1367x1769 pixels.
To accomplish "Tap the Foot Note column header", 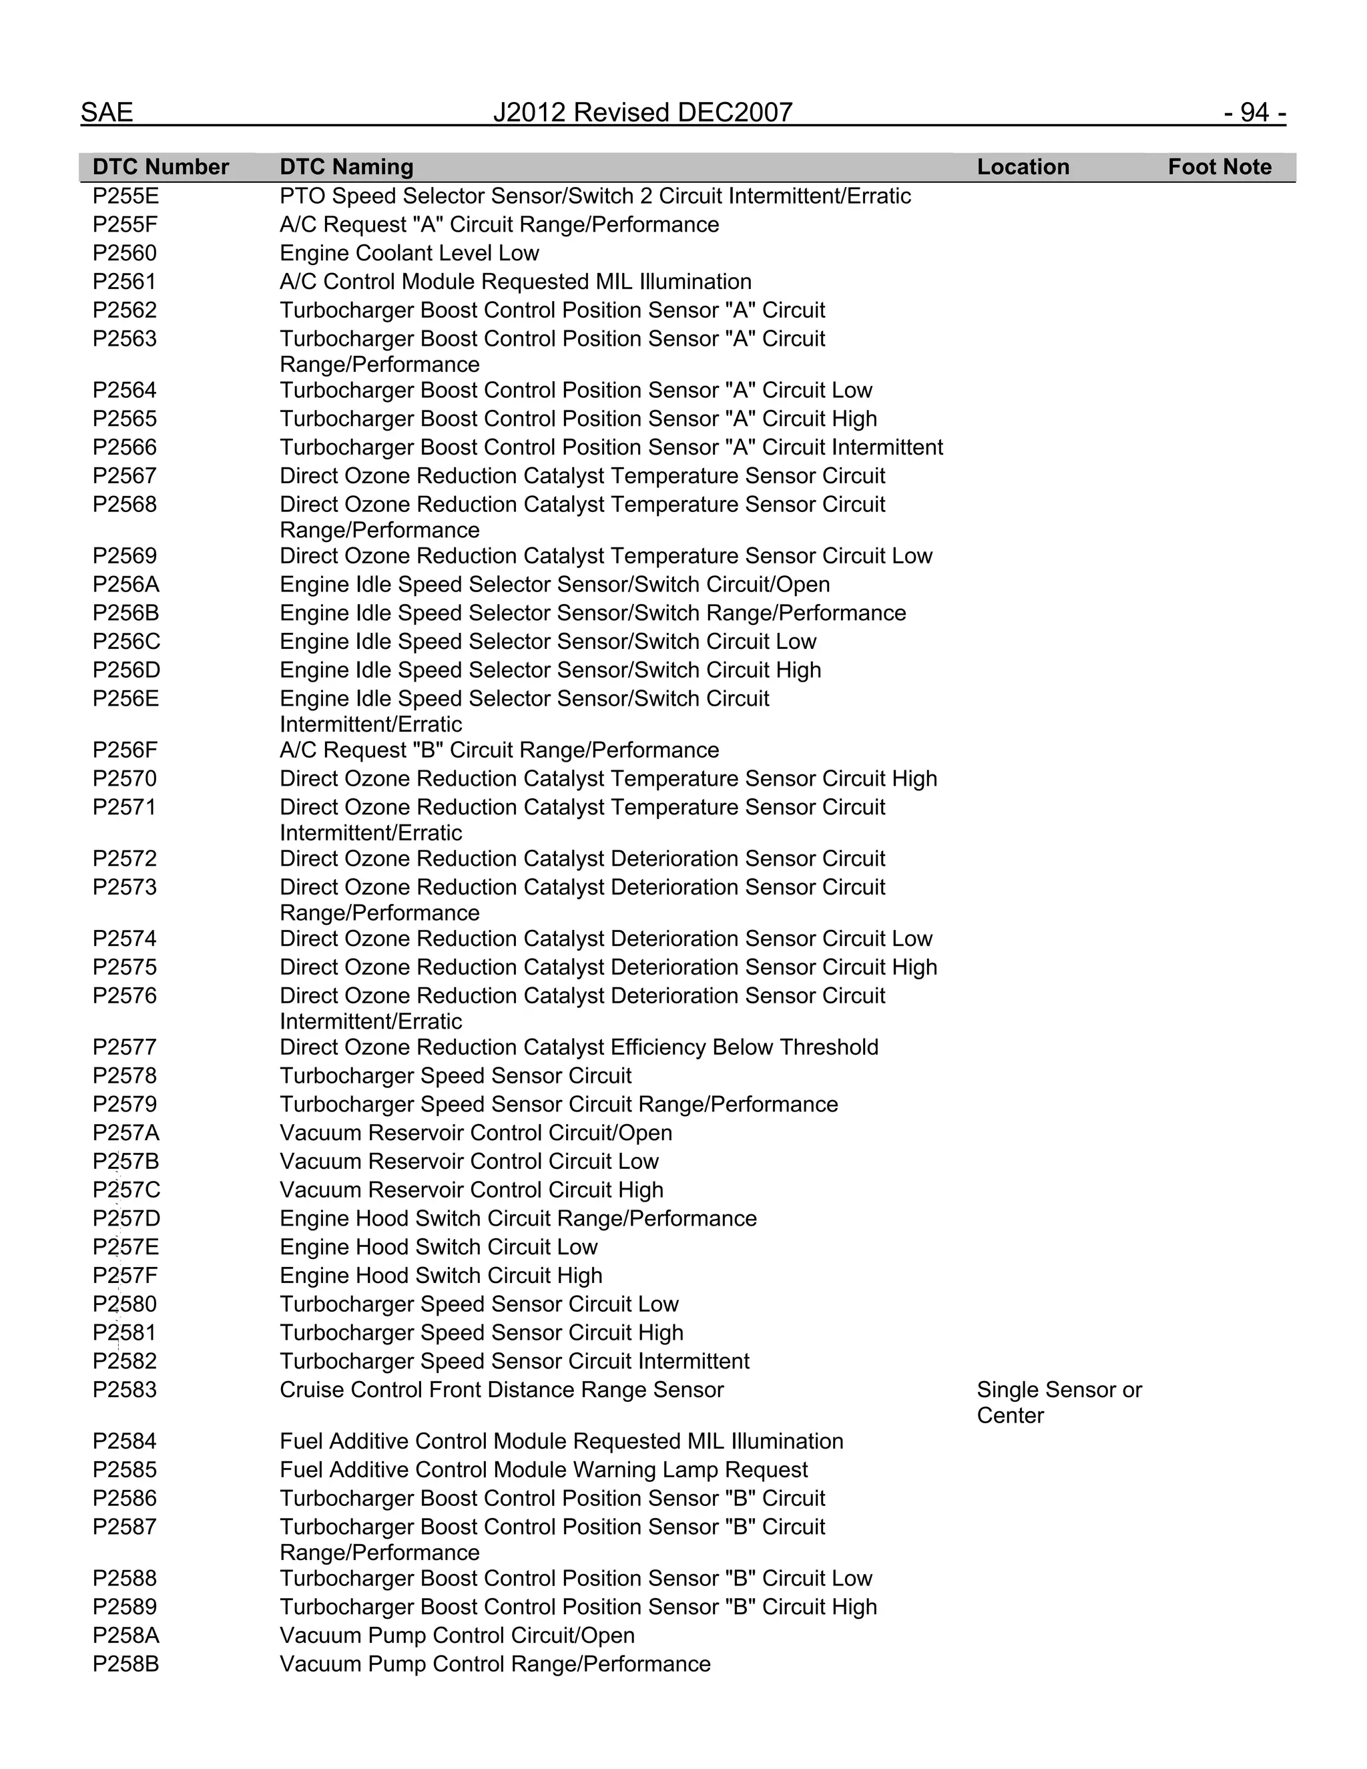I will click(x=1219, y=167).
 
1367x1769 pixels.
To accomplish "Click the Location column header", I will click(x=1022, y=167).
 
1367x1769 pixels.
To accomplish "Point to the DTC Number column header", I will click(x=160, y=167).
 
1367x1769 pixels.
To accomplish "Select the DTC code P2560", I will click(x=125, y=253).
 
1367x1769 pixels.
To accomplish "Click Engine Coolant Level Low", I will click(x=409, y=253).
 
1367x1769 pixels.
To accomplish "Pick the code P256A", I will click(x=125, y=584).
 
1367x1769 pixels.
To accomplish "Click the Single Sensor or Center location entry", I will click(x=1058, y=1402).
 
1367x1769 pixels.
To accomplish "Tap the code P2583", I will click(x=125, y=1390).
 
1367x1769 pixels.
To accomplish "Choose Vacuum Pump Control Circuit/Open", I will click(x=457, y=1635).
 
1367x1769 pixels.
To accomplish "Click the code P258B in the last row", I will click(x=125, y=1664).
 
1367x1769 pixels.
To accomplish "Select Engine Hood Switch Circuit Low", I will click(x=438, y=1246).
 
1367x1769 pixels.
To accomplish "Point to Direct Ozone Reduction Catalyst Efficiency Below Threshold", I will click(x=578, y=1047).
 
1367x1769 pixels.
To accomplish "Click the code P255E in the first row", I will click(x=125, y=196).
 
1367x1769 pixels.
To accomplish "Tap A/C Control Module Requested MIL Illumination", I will click(x=515, y=281).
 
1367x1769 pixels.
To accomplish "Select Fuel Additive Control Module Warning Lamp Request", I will click(x=543, y=1469).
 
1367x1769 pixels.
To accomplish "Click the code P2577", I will click(x=125, y=1047).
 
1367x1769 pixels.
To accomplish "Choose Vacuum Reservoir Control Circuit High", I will click(x=471, y=1190).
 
